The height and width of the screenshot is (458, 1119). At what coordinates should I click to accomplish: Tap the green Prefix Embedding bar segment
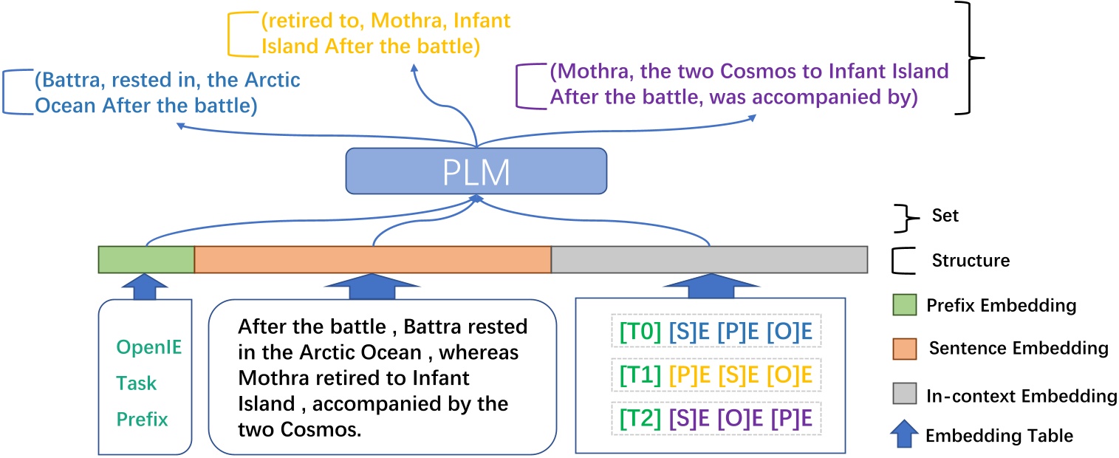tap(146, 259)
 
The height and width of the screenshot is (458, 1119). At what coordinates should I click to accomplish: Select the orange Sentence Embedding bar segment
tap(373, 259)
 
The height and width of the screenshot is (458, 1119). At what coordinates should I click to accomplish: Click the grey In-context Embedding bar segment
tap(709, 259)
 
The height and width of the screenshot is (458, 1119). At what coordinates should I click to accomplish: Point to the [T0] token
tap(635, 331)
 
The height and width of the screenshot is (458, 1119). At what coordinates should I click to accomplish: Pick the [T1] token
tap(635, 375)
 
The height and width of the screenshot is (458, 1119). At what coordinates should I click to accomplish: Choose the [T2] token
tap(635, 420)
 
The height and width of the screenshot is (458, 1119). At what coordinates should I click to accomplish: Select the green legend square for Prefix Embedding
tap(905, 304)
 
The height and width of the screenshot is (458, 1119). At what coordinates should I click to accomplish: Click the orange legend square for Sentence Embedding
tap(905, 347)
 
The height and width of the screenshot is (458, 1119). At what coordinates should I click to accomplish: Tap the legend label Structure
tap(971, 260)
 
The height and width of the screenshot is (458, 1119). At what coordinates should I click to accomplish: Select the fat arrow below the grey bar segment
tap(709, 284)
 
